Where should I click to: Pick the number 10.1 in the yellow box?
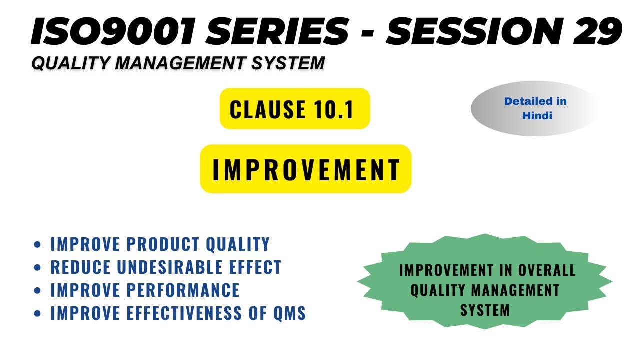333,109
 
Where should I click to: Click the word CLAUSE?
268,109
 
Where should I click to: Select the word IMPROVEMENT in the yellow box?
306,170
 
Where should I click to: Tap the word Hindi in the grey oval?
537,115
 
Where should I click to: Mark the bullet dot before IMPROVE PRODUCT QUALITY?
37,245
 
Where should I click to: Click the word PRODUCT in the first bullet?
159,244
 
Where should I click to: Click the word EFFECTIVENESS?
187,313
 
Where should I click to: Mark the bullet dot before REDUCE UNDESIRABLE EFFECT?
37,268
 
